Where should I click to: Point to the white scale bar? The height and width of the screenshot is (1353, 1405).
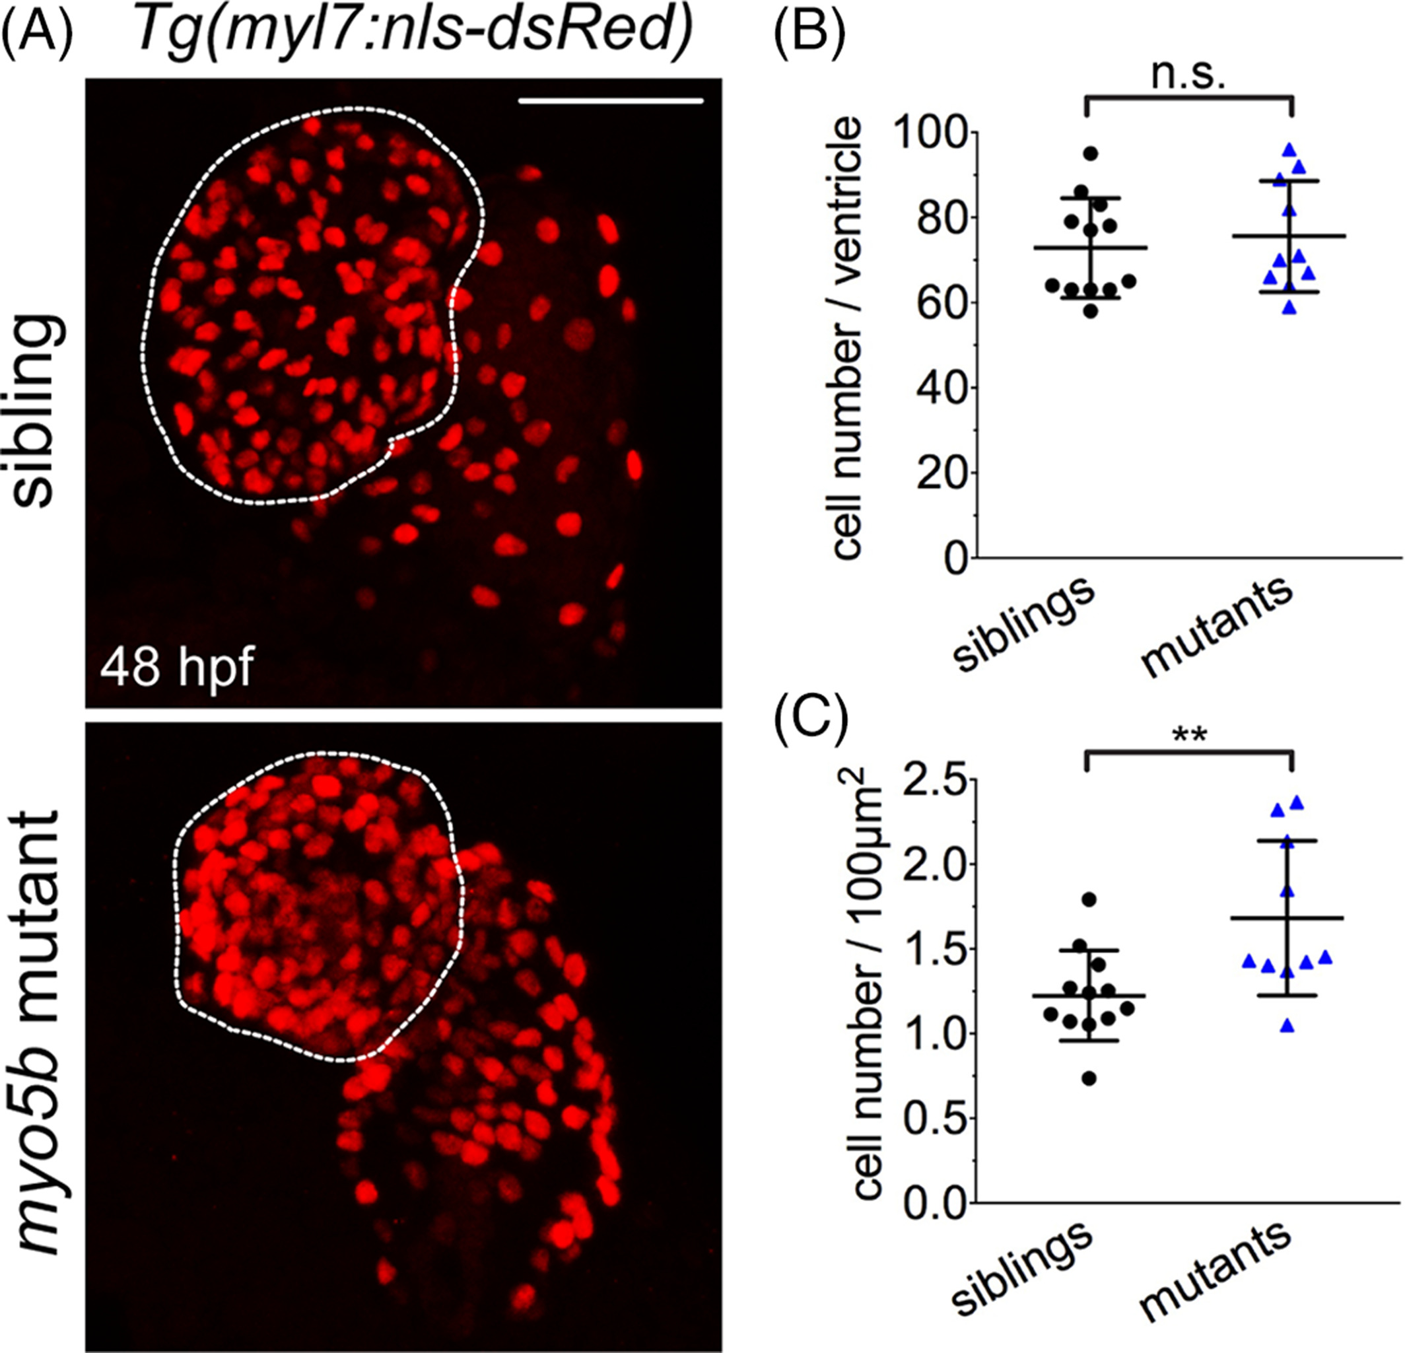click(610, 101)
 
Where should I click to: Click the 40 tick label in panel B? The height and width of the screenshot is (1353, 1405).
click(932, 388)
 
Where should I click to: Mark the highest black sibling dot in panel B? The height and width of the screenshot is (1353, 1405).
click(1090, 153)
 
